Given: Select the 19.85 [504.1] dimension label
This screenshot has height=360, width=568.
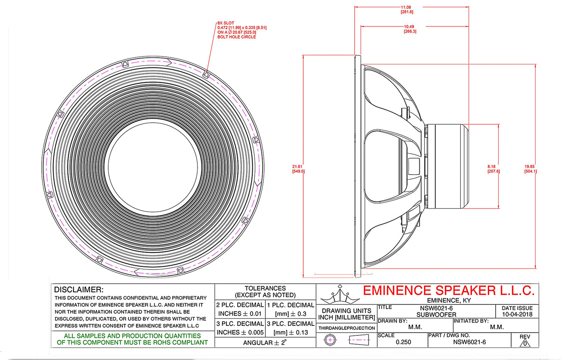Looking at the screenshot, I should click(530, 169).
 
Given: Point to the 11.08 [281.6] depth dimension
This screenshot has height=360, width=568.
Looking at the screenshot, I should click(406, 9).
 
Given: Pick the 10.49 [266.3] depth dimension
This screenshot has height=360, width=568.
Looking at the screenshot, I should click(410, 29).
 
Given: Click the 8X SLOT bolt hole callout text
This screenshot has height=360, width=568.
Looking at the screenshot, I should click(241, 30).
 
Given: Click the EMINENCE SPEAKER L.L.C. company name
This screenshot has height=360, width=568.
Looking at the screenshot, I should click(448, 291).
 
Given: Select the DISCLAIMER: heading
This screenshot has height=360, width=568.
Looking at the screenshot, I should click(79, 290).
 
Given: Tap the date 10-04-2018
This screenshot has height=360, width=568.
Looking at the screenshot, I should click(517, 314).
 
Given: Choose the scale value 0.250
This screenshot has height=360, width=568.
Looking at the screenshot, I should click(403, 342).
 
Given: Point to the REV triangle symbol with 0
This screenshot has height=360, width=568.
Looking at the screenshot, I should click(525, 343).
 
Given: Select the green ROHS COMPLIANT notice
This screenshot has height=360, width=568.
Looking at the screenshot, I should click(132, 339).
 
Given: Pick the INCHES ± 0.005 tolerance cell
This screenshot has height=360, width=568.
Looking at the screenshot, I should click(240, 332).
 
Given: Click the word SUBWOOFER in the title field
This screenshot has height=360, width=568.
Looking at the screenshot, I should click(436, 314).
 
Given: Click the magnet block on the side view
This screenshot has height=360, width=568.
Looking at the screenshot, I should click(448, 166).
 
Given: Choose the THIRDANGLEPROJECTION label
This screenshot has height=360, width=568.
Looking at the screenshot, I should click(346, 328).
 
